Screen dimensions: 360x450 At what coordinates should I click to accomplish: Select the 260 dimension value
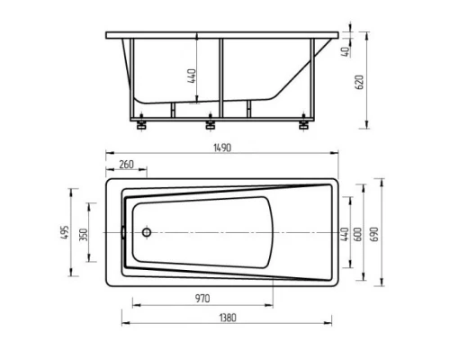coord(125,165)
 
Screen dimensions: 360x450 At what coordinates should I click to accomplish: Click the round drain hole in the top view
coord(147,232)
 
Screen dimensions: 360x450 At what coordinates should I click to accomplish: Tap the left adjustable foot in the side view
coord(141,125)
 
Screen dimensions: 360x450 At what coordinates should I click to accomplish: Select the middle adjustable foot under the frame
coord(211,125)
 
